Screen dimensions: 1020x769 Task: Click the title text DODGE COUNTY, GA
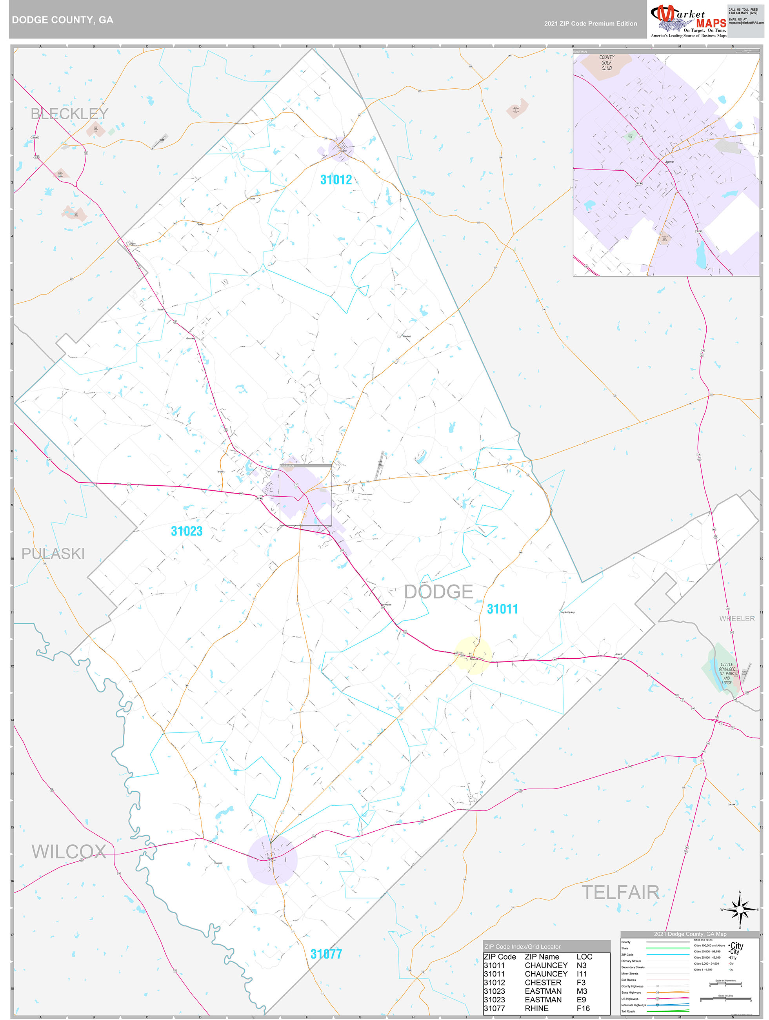(63, 20)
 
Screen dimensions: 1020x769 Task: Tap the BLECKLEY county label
(69, 113)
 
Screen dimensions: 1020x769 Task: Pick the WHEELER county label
(737, 618)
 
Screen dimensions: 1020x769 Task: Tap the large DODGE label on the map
(438, 592)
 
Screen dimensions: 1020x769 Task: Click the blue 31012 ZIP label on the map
(336, 180)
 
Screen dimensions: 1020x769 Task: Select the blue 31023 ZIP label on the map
(187, 531)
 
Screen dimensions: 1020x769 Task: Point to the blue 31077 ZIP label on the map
(326, 954)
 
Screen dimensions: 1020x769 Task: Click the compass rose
(740, 909)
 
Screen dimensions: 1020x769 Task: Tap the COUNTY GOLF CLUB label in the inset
(606, 63)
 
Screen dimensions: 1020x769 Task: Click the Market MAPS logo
(688, 21)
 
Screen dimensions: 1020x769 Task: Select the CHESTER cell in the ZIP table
(543, 983)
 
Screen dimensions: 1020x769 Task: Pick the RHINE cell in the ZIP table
(536, 1009)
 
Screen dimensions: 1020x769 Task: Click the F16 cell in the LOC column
(583, 1009)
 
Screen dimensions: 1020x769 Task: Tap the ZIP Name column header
(542, 957)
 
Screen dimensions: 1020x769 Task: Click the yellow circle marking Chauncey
(473, 655)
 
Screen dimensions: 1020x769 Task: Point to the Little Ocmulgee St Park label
(727, 673)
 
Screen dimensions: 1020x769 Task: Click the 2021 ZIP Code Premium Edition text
(590, 24)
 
